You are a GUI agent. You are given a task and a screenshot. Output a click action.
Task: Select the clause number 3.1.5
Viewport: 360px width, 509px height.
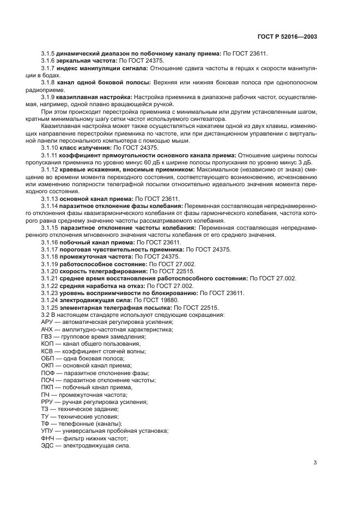coord(48,53)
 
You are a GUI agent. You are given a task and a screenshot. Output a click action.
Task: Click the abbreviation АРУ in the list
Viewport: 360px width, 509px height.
coord(47,322)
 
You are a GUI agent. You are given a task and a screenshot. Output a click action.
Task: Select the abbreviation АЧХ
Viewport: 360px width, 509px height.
coord(47,329)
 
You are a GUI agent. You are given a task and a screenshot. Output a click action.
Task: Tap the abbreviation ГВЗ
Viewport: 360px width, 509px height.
coord(47,336)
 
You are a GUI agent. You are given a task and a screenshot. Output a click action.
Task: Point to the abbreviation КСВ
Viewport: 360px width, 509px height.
coord(47,351)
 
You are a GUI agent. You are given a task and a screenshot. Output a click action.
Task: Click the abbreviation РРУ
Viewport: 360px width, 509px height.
coord(47,401)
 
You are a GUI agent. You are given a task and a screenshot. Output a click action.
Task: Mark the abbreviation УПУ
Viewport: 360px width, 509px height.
coord(47,430)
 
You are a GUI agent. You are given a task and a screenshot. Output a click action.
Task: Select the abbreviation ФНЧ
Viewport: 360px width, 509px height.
coord(47,438)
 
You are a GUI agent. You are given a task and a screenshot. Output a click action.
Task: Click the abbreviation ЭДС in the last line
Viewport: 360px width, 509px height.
coord(47,445)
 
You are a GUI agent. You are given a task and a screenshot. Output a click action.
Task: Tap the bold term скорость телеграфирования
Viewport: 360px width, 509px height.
coord(102,271)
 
